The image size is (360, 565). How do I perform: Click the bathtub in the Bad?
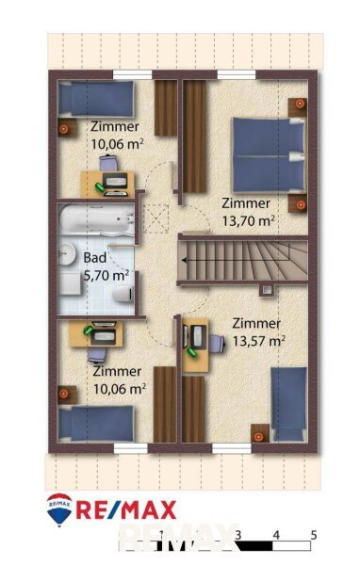96,219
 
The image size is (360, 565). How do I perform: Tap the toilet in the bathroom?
123,294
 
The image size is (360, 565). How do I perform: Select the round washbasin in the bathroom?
66,252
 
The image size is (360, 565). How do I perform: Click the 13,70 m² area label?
248,220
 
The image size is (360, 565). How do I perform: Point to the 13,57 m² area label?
259,341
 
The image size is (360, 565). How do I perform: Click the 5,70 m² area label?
106,276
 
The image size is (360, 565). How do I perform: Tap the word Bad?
95,258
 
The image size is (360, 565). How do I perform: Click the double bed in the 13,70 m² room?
269,155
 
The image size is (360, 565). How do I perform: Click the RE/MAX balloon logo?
59,508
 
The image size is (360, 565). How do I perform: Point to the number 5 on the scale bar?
314,535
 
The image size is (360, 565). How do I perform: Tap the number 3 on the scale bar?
238,535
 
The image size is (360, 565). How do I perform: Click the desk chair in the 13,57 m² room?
217,343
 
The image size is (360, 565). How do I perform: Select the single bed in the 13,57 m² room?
289,404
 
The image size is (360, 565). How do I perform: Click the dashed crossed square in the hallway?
156,218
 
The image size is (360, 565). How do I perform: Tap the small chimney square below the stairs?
267,290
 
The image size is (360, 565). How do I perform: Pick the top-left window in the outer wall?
132,74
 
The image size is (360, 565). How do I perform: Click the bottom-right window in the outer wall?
232,448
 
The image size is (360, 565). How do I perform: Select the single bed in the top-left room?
96,99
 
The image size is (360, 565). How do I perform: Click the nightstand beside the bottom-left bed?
67,395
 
